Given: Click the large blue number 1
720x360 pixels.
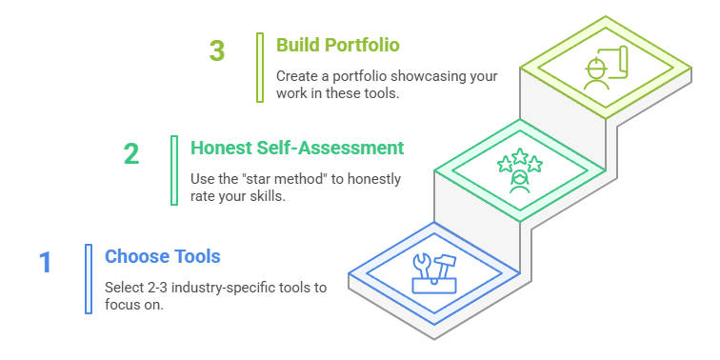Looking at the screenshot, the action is coord(46,262).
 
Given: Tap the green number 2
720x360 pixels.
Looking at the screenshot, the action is coord(131,154).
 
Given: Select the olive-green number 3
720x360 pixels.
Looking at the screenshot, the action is coord(217,50).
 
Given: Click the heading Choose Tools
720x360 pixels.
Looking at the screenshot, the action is coord(163,256).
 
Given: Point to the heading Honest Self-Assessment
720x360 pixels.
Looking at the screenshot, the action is coord(297,148).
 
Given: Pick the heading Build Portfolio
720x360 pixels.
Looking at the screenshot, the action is coord(338,45).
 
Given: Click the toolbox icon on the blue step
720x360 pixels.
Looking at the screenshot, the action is coord(434,273).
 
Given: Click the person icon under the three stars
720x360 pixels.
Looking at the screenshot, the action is coord(519,182).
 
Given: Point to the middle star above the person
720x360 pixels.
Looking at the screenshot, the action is coord(520,156).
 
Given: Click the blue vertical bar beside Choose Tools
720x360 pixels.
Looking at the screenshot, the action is coord(89,279).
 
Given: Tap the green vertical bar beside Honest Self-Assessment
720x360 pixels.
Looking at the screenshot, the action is coord(174,170).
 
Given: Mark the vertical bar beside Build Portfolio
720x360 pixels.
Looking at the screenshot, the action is coord(260,68).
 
